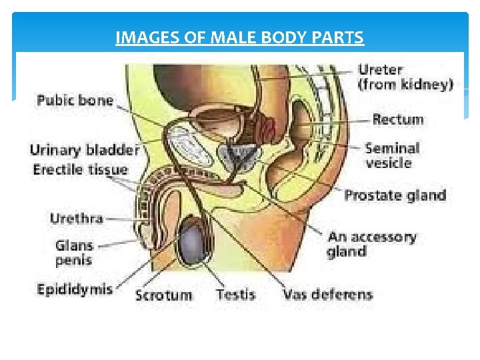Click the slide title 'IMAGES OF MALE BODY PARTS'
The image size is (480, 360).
point(239,38)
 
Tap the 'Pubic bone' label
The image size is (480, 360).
point(75,101)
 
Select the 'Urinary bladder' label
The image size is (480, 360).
point(84,150)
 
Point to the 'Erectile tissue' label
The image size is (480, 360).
point(80,169)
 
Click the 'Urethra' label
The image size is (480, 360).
point(77,218)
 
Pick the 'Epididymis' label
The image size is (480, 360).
point(75,289)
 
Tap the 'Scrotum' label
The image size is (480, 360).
point(163,294)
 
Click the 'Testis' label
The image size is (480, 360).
point(235,294)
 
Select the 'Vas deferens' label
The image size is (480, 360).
point(327,294)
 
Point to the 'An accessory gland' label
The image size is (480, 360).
point(371,244)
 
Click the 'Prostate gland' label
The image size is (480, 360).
point(395,195)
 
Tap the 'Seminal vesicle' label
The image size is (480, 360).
point(392,155)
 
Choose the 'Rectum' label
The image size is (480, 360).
point(397,120)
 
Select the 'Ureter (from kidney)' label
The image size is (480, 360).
point(405,76)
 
